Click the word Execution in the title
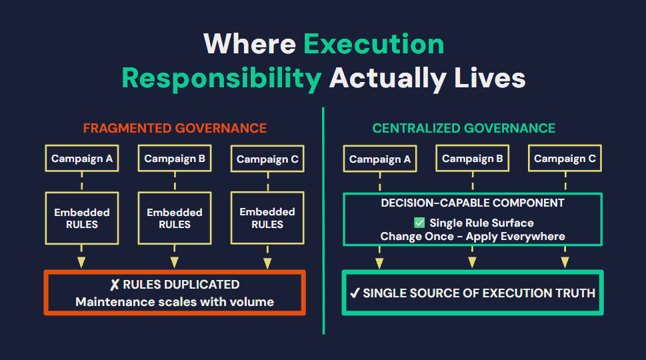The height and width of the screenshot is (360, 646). point(374,44)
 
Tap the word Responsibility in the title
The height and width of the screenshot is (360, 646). point(221,78)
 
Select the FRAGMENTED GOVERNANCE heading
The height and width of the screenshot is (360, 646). point(175,128)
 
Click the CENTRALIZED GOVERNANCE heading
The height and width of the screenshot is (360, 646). point(464,128)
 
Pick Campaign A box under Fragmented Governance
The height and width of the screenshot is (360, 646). point(82,158)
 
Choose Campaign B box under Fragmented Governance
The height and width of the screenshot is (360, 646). point(175,158)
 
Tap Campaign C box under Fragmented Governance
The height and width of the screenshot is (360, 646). point(267,159)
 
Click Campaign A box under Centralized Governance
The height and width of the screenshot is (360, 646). point(380,159)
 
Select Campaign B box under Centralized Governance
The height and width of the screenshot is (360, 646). point(473,158)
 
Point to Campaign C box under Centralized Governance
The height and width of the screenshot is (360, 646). point(565,158)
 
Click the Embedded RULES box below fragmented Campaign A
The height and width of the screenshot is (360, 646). point(82,218)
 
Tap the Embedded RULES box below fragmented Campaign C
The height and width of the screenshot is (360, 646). point(267,218)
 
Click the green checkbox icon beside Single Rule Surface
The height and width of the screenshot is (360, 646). point(419,223)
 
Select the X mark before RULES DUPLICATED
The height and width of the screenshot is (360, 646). point(115,285)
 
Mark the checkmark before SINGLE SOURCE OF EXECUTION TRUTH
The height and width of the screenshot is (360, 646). point(355,293)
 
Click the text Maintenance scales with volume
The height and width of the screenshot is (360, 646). point(175,302)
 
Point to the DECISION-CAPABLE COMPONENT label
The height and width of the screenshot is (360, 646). point(473,203)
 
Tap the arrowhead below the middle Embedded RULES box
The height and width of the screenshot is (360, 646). point(175,263)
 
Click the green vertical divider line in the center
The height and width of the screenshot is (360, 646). point(323,221)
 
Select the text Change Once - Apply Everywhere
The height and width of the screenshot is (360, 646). point(473,237)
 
